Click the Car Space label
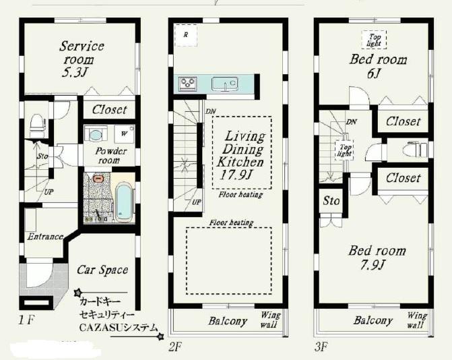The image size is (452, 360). [102, 270]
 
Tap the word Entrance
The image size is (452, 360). [45, 237]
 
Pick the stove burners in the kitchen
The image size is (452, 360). [187, 84]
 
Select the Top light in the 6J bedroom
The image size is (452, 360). [373, 40]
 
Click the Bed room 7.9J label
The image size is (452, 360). [377, 258]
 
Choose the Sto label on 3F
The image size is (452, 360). [331, 201]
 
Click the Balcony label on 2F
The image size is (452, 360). [227, 321]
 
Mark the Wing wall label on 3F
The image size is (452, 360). [416, 320]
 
